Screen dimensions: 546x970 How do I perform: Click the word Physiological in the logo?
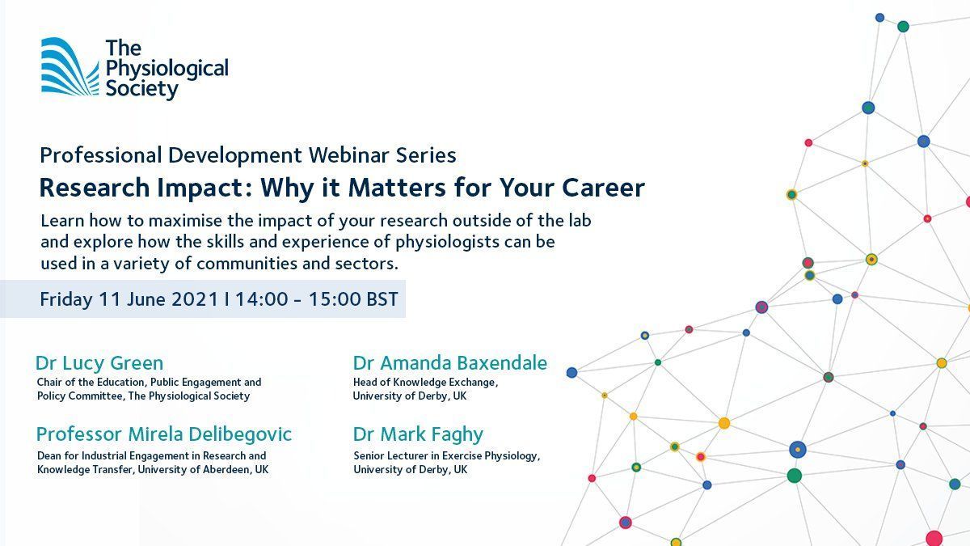click(x=167, y=68)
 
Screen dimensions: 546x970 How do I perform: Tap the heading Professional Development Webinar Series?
click(x=247, y=154)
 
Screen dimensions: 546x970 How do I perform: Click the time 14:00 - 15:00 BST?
click(x=317, y=298)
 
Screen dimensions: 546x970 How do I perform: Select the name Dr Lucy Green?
click(x=99, y=362)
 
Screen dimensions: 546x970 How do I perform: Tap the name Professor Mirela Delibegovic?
click(x=163, y=434)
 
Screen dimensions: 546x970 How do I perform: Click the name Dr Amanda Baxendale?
click(x=449, y=362)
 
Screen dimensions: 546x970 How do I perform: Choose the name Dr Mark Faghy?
click(x=417, y=434)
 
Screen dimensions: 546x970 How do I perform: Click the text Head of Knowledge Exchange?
click(x=425, y=382)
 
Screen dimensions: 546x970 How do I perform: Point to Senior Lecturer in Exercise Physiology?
click(x=446, y=455)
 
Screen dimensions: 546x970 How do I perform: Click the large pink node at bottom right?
click(x=934, y=538)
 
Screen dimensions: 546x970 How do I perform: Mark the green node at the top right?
click(x=903, y=27)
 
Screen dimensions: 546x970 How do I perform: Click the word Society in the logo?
click(x=141, y=88)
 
